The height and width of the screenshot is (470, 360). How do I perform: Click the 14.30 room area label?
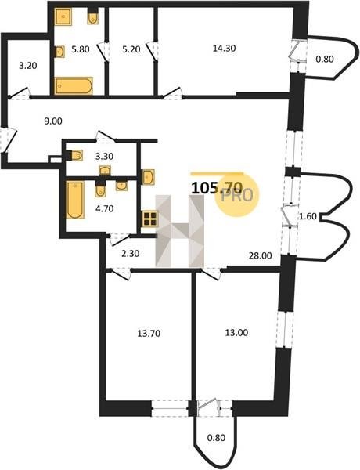point(224,48)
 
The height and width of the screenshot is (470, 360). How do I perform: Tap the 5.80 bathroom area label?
point(81,49)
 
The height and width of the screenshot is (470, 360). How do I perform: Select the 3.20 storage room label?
point(28,65)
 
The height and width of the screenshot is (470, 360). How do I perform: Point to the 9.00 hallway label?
point(53,121)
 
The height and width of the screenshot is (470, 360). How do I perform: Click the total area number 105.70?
point(217,188)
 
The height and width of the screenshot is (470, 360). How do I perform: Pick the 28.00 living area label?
point(261,255)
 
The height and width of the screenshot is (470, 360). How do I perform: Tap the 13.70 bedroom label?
point(149,333)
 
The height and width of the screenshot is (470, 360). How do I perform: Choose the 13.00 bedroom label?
point(236,332)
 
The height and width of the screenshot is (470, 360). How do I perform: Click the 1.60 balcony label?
point(308,216)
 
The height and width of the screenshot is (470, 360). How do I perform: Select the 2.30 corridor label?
point(130,254)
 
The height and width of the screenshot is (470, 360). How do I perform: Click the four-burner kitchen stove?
point(149,219)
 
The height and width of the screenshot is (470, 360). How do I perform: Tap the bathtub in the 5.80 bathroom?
point(74,86)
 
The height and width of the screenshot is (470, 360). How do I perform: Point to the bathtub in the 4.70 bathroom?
point(75,200)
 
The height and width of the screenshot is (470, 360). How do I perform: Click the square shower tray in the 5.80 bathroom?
point(63,16)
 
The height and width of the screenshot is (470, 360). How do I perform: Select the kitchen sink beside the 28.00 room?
point(149,177)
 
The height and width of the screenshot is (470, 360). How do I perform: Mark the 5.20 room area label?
point(131,49)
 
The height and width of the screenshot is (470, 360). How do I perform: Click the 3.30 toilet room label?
point(104,156)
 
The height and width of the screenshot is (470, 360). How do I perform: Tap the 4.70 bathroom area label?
point(105,208)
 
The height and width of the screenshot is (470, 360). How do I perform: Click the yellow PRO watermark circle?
point(236,195)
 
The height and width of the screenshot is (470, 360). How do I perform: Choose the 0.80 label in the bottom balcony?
point(216,438)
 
